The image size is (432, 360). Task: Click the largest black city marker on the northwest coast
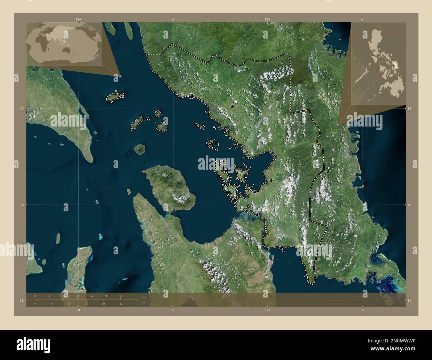(191, 96)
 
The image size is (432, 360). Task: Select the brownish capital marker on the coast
(246, 152)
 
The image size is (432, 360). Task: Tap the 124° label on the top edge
(78, 20)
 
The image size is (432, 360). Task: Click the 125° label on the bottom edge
(268, 310)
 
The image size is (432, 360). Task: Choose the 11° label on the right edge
(410, 301)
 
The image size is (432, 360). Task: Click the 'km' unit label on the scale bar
(144, 297)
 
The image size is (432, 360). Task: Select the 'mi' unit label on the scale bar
(144, 303)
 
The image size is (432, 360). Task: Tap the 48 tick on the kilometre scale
(120, 296)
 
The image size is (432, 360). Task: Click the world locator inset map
(65, 44)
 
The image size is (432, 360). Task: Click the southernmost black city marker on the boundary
(281, 247)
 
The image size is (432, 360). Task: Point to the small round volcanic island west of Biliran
(140, 149)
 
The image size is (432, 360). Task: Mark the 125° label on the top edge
(268, 20)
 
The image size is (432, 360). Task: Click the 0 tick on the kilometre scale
(35, 296)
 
